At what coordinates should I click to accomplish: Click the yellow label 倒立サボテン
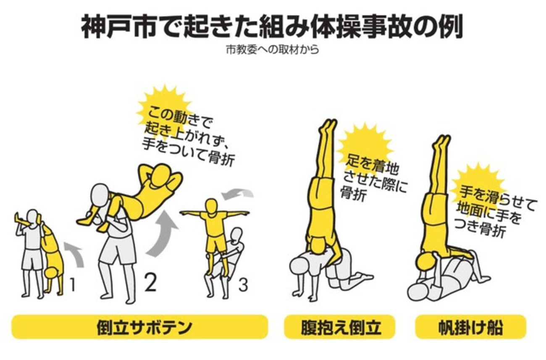point(140,327)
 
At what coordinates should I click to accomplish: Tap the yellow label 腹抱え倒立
point(339,327)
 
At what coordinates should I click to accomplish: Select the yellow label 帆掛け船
point(471,327)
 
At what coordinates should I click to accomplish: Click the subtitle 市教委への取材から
point(273,50)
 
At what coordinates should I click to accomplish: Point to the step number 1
point(73,285)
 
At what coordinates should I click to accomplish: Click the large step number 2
point(150,282)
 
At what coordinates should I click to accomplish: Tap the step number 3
point(243,285)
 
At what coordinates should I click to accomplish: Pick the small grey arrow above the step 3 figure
point(237,194)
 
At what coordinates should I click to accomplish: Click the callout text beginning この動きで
point(188,136)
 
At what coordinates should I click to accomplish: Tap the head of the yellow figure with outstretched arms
point(211,206)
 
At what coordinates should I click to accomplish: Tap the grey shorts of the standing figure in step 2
point(118,248)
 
